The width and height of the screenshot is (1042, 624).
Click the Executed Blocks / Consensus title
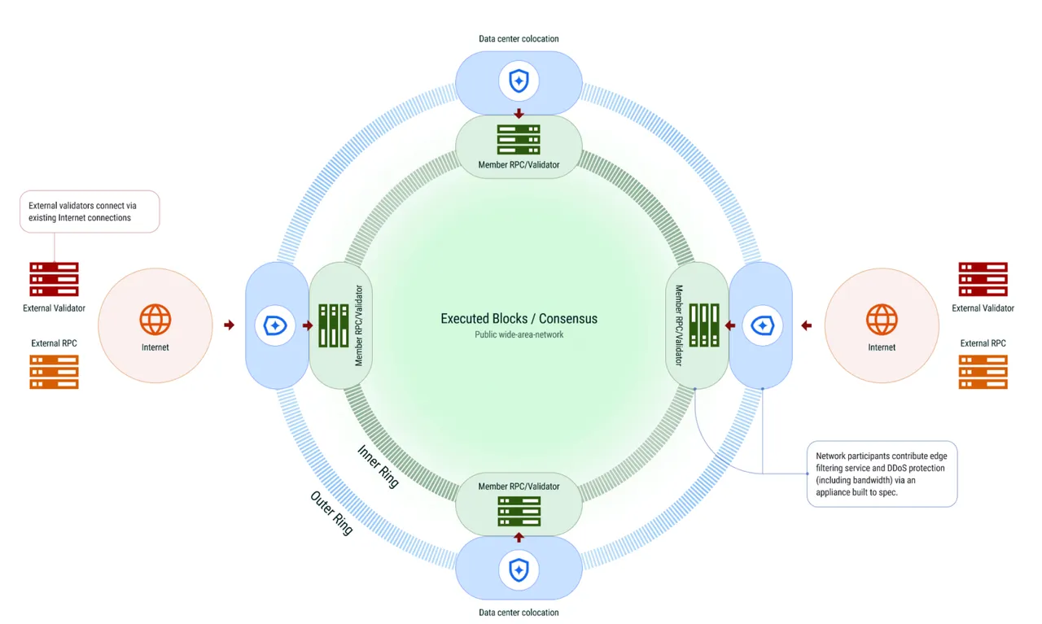click(x=519, y=319)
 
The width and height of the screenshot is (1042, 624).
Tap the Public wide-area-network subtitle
click(x=519, y=334)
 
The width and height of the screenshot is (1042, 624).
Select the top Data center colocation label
click(x=519, y=38)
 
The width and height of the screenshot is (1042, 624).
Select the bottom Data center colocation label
click(x=519, y=613)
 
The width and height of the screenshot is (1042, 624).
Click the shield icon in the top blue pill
click(x=519, y=81)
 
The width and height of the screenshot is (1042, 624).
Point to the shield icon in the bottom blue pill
click(x=519, y=570)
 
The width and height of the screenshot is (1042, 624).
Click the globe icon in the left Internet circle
click(x=155, y=320)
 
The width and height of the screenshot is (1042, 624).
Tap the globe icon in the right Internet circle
click(x=882, y=320)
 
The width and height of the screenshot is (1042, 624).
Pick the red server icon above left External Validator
click(x=54, y=279)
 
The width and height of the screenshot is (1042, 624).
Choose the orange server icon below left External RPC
click(x=54, y=372)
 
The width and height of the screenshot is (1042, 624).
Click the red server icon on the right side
click(x=983, y=279)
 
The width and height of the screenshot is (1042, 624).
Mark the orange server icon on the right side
click(x=983, y=372)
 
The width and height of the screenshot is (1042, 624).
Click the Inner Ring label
click(x=379, y=466)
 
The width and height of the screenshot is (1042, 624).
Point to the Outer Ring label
click(x=331, y=513)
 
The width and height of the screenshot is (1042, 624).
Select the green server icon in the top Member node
click(x=519, y=139)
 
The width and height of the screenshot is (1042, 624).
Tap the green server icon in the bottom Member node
click(x=519, y=512)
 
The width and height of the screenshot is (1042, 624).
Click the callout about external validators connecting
click(x=90, y=212)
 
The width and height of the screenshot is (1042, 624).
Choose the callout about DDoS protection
click(x=882, y=473)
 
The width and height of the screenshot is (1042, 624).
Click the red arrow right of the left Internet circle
click(x=229, y=325)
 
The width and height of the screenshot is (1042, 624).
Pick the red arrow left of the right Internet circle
click(x=807, y=325)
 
